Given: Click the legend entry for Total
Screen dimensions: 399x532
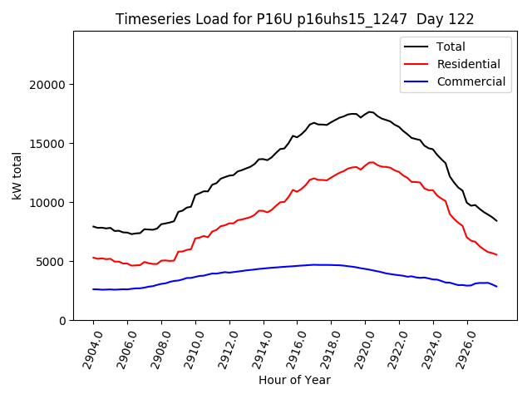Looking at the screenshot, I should pos(451,47).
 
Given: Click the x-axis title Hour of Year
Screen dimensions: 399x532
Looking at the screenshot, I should pos(294,380).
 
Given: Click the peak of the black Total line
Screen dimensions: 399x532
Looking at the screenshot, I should pos(370,111).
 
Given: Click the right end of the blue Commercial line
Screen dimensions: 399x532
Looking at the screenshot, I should pos(497,287).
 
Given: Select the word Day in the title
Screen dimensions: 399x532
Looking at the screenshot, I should pos(429,19).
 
